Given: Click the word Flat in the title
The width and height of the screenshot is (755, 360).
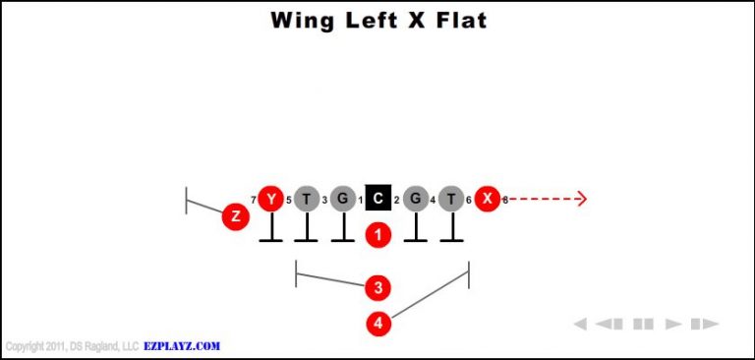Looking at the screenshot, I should coord(459,20).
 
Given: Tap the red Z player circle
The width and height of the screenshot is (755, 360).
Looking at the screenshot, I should coord(234,216).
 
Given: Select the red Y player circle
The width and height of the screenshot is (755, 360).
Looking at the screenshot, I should coord(270,199).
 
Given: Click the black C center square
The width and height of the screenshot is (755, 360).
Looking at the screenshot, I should coord(378,199).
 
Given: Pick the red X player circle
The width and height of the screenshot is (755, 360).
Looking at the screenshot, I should coord(487,199).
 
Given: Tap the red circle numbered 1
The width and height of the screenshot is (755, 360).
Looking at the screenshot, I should coord(378,235).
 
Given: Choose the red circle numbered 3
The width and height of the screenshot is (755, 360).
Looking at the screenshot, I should coord(377,287).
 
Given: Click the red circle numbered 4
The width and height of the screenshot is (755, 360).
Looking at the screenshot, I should coord(378,323).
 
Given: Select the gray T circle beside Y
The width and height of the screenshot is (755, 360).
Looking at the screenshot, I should coord(307,199).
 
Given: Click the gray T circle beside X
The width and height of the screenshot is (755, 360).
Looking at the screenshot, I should coord(451,199).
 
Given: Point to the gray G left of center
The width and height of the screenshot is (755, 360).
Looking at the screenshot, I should coord(342,199).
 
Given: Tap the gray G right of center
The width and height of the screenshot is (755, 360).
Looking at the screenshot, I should coord(415,199).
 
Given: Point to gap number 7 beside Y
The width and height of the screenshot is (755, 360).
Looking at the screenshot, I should coord(253,201).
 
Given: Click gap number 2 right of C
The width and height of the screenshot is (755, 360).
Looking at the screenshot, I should coord(396,201).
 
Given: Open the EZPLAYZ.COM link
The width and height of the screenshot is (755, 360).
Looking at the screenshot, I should coord(183,346).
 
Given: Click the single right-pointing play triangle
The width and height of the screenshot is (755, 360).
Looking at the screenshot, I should coord(673,324).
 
